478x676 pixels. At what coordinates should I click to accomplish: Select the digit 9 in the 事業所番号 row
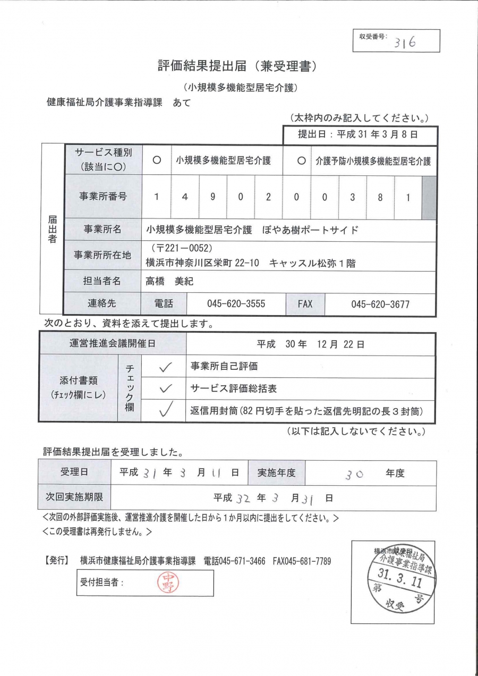pyautogui.click(x=212, y=197)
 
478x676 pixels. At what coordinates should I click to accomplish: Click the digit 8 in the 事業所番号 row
pyautogui.click(x=380, y=197)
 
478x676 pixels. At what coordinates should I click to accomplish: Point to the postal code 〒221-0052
pyautogui.click(x=182, y=248)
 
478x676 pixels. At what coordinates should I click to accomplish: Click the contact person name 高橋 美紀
pyautogui.click(x=169, y=282)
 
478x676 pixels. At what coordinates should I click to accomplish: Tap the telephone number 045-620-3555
pyautogui.click(x=236, y=304)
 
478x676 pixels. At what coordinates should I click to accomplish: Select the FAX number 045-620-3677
pyautogui.click(x=380, y=304)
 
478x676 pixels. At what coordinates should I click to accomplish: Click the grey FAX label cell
pyautogui.click(x=305, y=304)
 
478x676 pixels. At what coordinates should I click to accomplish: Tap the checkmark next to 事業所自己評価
pyautogui.click(x=165, y=366)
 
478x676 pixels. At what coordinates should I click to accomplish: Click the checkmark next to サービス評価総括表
pyautogui.click(x=165, y=388)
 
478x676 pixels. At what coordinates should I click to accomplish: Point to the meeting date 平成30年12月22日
pyautogui.click(x=311, y=344)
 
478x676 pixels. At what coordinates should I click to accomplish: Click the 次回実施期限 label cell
pyautogui.click(x=74, y=498)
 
